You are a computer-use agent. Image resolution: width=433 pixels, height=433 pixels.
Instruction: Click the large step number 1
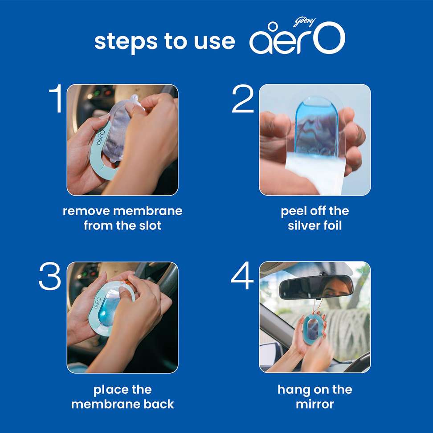(x=57, y=98)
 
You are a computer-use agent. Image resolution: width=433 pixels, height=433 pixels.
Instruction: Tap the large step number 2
(x=243, y=99)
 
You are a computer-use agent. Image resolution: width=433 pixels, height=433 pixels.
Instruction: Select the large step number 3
(x=50, y=276)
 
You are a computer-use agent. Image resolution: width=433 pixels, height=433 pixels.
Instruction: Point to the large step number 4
(x=242, y=276)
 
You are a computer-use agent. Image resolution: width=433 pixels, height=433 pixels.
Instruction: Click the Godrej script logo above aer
(x=304, y=22)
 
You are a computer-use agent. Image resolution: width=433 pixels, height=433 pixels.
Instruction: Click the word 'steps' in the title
(x=126, y=42)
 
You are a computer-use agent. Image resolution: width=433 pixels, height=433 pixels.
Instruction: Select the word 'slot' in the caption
(x=150, y=225)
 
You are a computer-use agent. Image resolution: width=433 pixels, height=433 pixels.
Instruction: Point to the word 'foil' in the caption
(x=332, y=225)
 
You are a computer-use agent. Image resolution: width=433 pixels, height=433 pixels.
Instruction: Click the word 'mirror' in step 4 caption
(x=315, y=404)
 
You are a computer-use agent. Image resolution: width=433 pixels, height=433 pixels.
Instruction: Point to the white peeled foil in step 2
(x=315, y=173)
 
